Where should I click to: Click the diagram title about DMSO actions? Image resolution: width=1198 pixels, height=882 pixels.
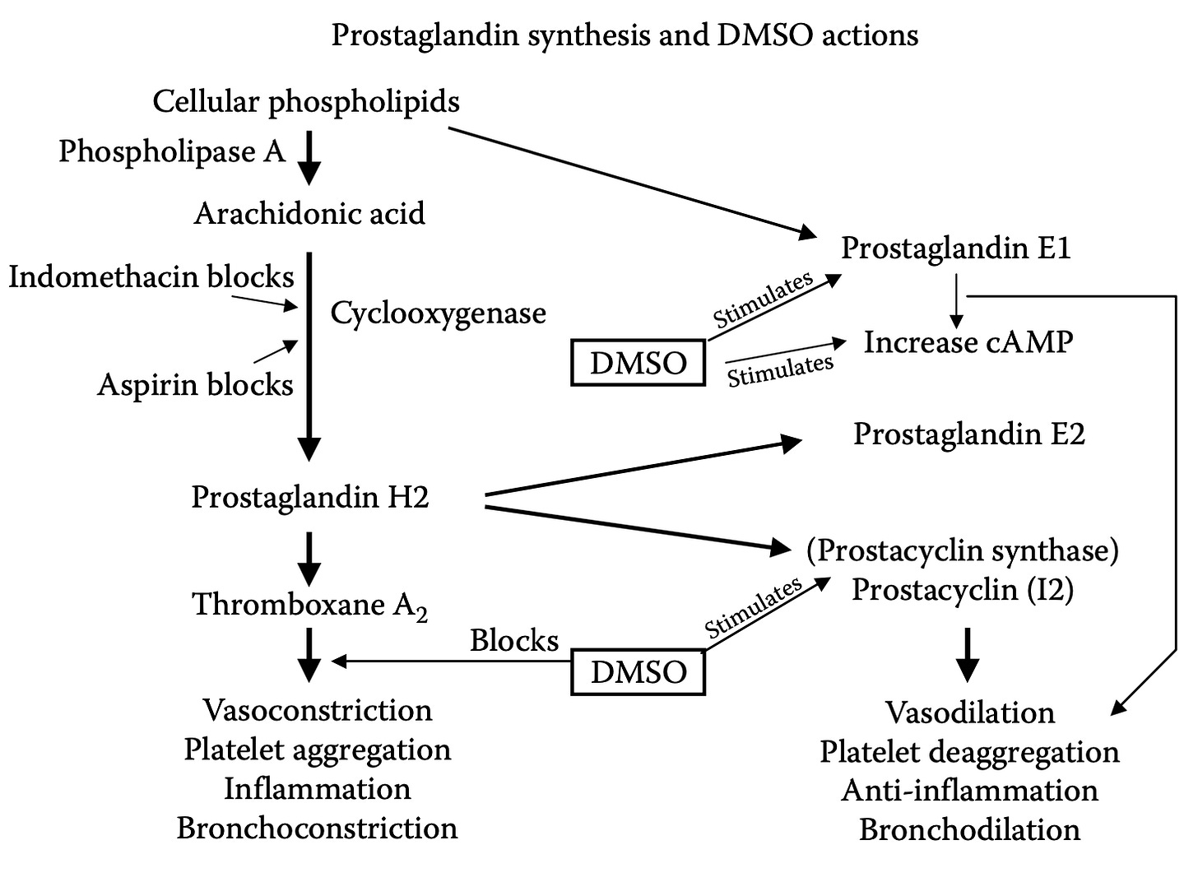(625, 35)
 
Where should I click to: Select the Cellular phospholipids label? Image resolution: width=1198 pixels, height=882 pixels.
(306, 102)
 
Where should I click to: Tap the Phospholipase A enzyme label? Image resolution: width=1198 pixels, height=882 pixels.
(172, 151)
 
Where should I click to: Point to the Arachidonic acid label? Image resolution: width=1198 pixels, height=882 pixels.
(309, 214)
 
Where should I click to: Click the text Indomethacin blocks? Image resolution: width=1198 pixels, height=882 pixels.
(151, 277)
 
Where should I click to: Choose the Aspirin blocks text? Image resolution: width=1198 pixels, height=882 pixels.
(195, 385)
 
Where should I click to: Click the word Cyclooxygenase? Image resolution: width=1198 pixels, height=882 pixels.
(438, 313)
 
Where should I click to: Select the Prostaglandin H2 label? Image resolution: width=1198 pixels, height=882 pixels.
(310, 497)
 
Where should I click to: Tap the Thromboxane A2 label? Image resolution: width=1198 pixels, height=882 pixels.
(310, 606)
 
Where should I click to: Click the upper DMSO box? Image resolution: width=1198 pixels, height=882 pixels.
(638, 363)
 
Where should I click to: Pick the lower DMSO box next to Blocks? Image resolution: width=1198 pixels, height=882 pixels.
(638, 672)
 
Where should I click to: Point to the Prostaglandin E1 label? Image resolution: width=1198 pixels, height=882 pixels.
(956, 248)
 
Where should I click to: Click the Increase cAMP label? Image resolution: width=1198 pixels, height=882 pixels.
(968, 342)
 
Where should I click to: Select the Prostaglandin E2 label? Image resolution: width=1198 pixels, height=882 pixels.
(969, 434)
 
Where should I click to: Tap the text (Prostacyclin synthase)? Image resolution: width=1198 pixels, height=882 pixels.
(963, 551)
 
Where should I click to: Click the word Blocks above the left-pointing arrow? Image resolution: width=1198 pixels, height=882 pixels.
(514, 641)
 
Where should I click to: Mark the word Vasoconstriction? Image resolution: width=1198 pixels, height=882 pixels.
(318, 710)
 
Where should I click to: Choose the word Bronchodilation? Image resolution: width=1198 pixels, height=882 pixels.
(970, 829)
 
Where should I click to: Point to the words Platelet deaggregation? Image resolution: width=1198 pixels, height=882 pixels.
(969, 752)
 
